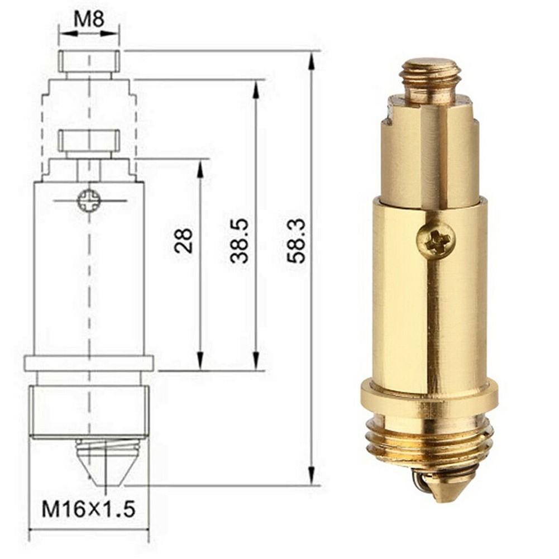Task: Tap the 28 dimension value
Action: point(184,240)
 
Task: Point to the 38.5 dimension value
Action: point(240,240)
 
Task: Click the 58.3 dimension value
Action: point(296,240)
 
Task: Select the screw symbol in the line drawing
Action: point(89,200)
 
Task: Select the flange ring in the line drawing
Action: point(89,363)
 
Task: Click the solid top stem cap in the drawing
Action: point(89,61)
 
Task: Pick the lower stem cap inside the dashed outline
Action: point(89,141)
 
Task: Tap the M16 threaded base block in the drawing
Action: point(89,411)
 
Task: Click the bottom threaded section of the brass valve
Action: point(430,441)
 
